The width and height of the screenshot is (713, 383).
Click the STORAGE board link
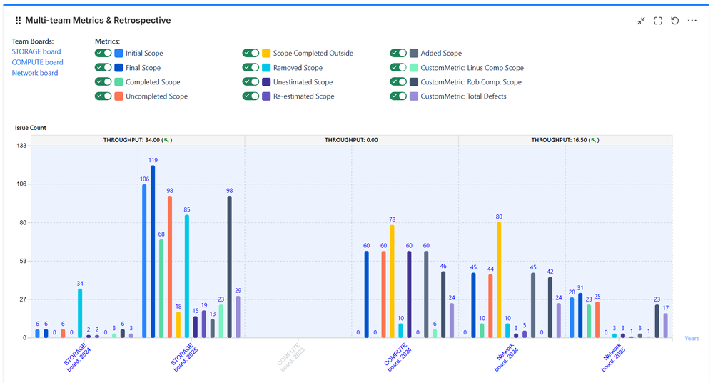tap(36, 51)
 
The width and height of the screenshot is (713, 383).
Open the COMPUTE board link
tap(37, 62)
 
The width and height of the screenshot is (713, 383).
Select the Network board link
tap(35, 73)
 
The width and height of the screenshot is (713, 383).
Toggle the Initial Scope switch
tap(103, 53)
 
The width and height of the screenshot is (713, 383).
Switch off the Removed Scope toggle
tap(251, 68)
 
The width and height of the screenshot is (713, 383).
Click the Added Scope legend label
tap(441, 53)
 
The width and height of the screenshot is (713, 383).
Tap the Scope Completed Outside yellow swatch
tap(266, 53)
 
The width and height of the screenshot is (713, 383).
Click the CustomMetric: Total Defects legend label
tap(463, 96)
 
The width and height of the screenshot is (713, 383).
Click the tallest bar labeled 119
tap(153, 250)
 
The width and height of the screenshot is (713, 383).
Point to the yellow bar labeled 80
tap(499, 279)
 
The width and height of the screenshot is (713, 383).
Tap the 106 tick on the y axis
tap(21, 184)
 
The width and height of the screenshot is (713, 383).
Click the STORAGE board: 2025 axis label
tap(183, 355)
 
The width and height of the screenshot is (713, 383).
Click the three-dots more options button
tap(692, 21)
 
